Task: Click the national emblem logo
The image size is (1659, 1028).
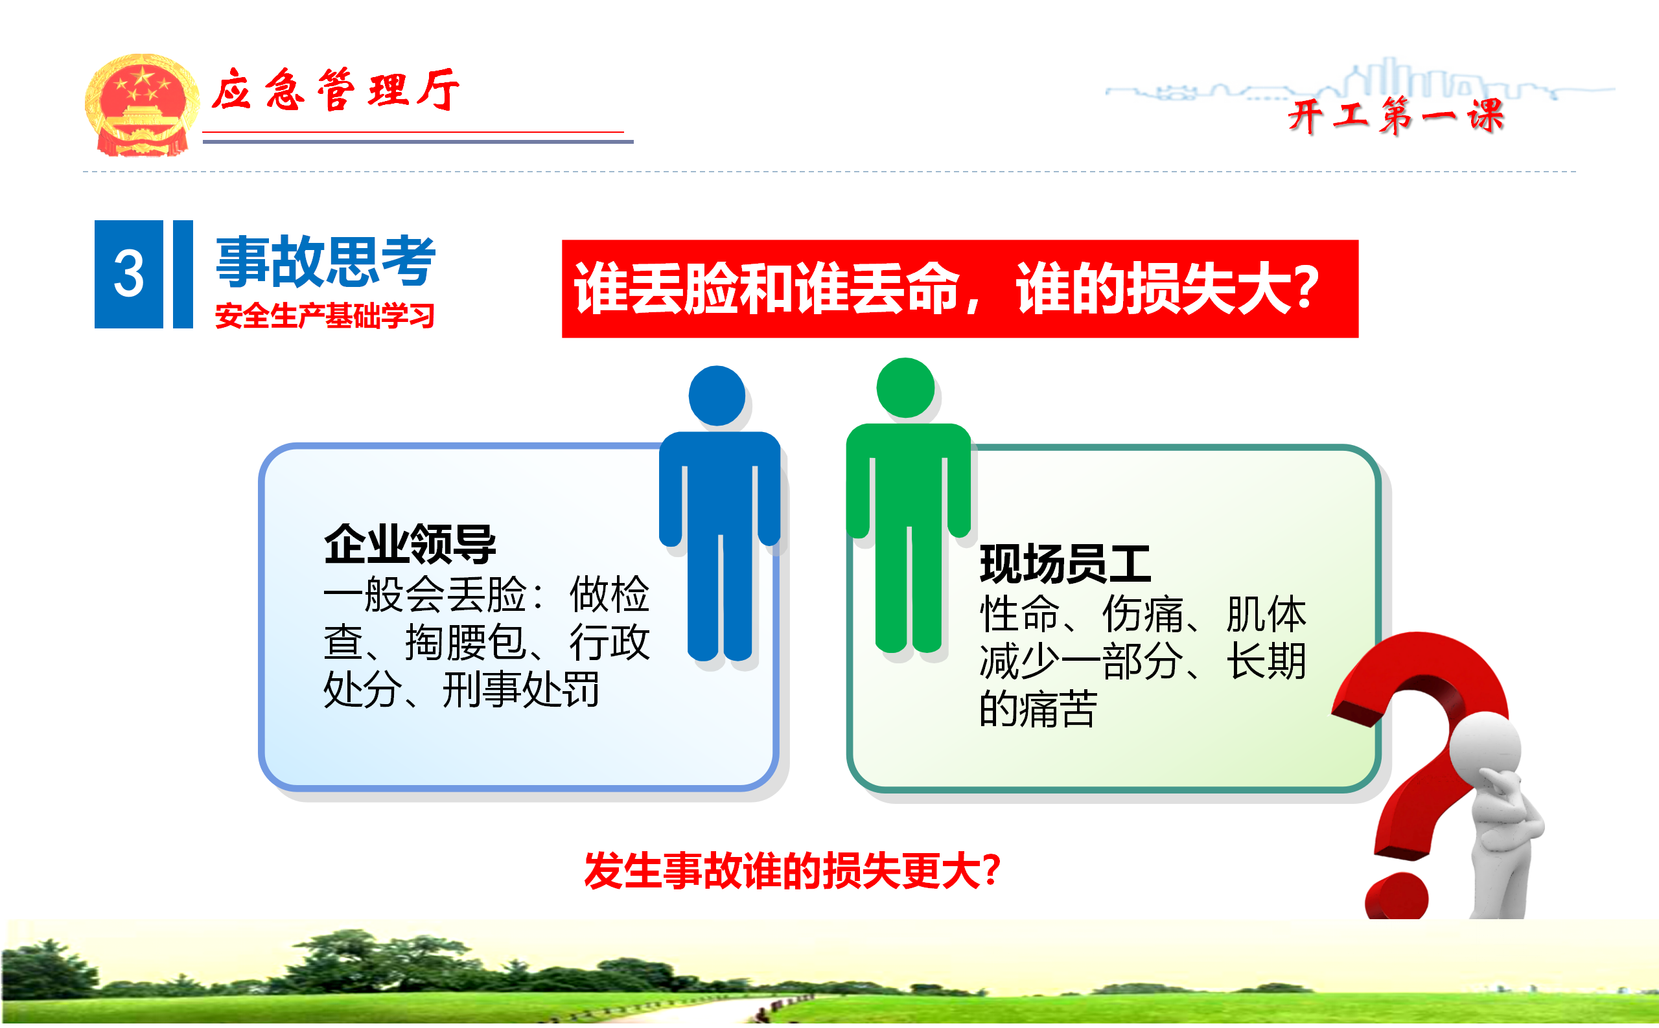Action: point(141,106)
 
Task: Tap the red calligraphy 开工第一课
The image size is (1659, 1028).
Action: point(1397,115)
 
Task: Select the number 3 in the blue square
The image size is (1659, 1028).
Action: point(128,273)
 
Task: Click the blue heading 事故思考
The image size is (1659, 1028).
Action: point(326,261)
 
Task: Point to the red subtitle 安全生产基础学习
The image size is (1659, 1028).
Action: point(325,316)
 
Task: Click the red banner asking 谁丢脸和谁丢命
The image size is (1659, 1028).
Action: point(960,289)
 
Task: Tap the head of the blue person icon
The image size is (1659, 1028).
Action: point(716,396)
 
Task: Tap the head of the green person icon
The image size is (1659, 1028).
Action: point(905,387)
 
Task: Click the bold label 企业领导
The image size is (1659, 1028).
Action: point(410,544)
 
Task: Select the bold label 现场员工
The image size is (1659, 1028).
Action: point(1065,564)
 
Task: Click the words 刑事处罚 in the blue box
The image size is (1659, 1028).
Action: point(521,689)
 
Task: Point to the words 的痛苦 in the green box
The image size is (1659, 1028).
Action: point(1038,709)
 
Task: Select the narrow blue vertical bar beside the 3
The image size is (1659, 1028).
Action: point(183,274)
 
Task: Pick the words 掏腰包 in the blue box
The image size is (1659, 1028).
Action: point(466,642)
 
